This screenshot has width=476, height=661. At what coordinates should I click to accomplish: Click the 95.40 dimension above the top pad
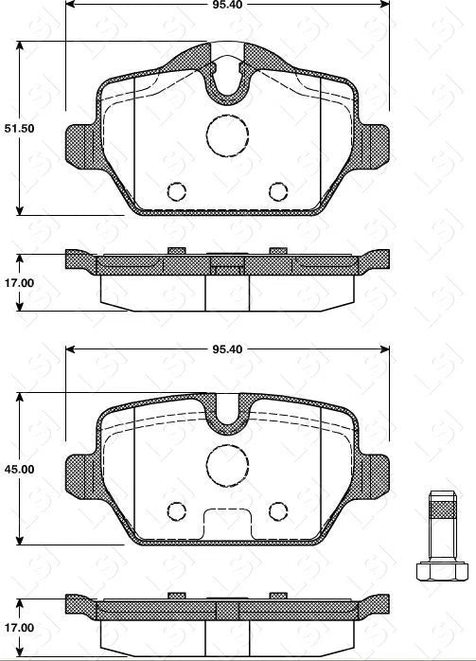(227, 3)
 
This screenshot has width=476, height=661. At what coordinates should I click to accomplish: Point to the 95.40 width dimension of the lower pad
(227, 349)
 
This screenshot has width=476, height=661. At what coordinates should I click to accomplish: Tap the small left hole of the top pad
(175, 191)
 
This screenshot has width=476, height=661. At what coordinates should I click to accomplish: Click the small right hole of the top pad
(277, 191)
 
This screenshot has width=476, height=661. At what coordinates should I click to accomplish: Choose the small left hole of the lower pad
(175, 511)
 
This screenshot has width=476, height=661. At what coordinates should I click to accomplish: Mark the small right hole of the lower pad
(277, 511)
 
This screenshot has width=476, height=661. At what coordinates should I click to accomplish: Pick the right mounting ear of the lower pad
(377, 471)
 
